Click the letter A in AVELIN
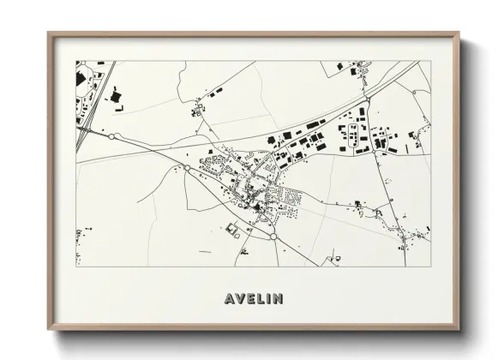229,299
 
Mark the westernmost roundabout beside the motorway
112,136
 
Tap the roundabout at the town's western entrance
187,168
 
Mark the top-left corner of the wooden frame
49,33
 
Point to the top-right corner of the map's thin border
429,61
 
